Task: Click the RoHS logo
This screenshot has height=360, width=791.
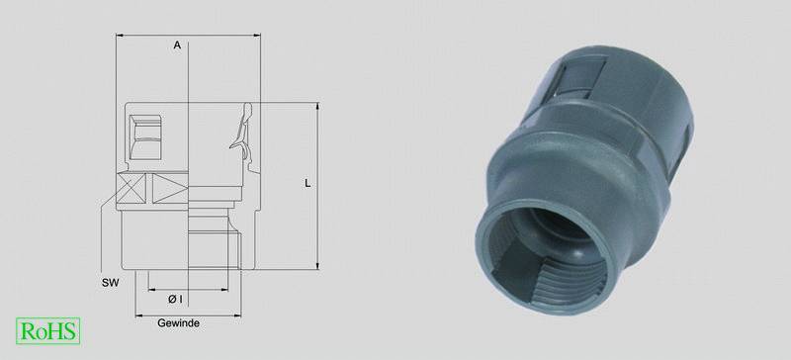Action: pyautogui.click(x=47, y=330)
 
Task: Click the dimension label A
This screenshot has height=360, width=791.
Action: pyautogui.click(x=177, y=45)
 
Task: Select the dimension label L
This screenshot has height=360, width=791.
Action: pyautogui.click(x=308, y=184)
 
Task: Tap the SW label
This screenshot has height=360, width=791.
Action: pyautogui.click(x=110, y=283)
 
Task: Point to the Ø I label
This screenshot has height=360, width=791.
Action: pyautogui.click(x=175, y=300)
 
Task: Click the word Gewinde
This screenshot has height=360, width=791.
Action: pyautogui.click(x=178, y=323)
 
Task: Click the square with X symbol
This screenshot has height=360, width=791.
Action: pyautogui.click(x=132, y=188)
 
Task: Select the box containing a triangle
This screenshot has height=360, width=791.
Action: pyautogui.click(x=170, y=188)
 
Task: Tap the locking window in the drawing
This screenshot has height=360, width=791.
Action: pyautogui.click(x=145, y=137)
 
